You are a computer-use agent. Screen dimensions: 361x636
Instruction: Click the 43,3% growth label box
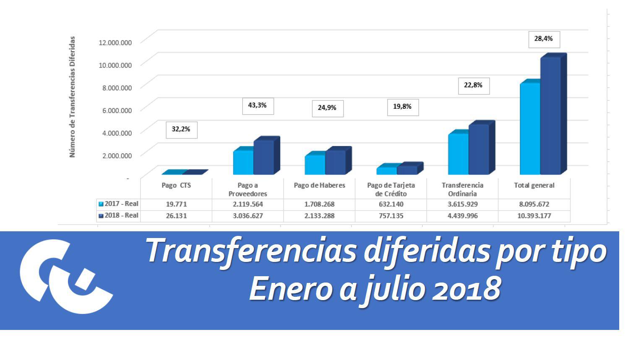click(258, 106)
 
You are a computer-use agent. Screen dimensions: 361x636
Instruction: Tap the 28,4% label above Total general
click(544, 39)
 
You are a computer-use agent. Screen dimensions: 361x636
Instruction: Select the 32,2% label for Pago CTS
click(181, 130)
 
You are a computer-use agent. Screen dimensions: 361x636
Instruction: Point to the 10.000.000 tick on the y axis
click(115, 65)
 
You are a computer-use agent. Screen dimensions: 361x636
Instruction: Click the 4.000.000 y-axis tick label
click(115, 133)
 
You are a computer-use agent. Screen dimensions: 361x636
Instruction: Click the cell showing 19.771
click(176, 204)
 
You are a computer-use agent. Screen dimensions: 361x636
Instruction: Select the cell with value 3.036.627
click(248, 216)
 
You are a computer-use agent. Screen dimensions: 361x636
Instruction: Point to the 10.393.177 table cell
click(534, 216)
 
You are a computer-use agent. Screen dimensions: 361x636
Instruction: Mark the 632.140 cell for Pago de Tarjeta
click(391, 204)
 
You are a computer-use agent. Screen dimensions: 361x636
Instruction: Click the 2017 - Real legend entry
click(119, 204)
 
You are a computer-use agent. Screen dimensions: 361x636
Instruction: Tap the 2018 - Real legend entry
click(119, 215)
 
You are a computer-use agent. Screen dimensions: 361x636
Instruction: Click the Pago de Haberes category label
click(319, 186)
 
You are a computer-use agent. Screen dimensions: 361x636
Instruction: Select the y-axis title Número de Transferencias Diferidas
click(72, 97)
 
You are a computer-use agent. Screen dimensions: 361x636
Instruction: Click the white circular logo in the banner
click(65, 276)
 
